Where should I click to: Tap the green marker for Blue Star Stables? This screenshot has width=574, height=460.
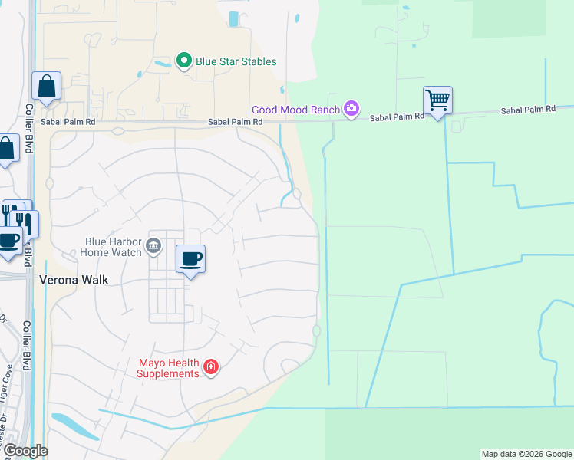click(x=184, y=61)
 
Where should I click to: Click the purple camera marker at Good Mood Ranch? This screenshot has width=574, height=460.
click(x=351, y=109)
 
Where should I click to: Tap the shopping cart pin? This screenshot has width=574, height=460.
click(x=437, y=100)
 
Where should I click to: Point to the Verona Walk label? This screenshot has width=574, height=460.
click(x=74, y=280)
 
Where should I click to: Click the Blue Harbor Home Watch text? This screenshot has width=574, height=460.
click(x=113, y=246)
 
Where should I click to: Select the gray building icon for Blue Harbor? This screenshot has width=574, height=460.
click(x=153, y=245)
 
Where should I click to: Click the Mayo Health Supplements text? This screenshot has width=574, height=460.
click(x=168, y=368)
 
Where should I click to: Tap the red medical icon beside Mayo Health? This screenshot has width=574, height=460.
click(x=211, y=369)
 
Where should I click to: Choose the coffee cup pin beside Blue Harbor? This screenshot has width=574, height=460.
click(x=190, y=259)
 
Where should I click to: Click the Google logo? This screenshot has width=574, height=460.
click(x=25, y=451)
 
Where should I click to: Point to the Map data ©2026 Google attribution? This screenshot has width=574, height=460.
click(x=526, y=454)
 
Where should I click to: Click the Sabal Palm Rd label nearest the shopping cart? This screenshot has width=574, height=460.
click(x=397, y=117)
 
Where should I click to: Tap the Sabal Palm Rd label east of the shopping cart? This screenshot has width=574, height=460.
click(x=528, y=110)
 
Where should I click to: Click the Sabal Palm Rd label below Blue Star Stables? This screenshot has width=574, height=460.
click(x=236, y=122)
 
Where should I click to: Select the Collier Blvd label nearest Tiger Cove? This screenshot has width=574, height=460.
click(x=26, y=345)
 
